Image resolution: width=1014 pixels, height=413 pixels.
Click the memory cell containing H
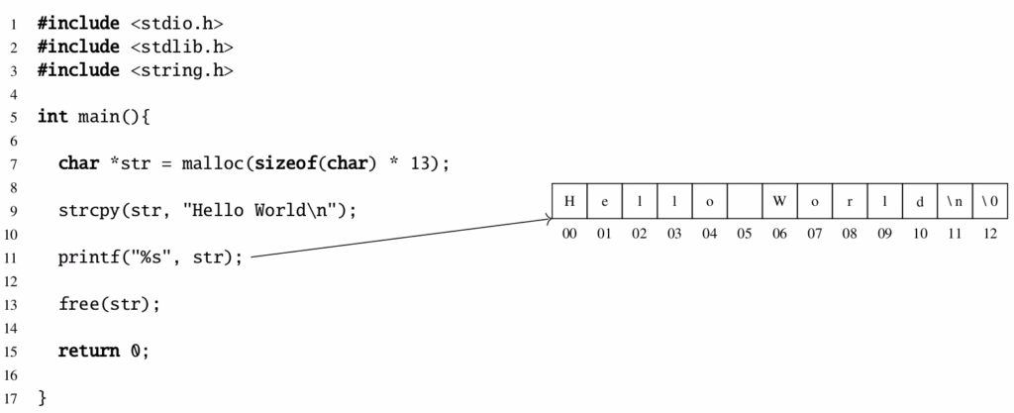[x=569, y=201]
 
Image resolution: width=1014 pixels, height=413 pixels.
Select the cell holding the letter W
[x=779, y=201]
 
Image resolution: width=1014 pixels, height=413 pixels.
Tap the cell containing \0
[x=990, y=201]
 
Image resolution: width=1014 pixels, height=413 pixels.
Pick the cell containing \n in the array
[x=956, y=201]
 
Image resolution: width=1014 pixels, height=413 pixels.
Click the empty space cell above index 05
[x=745, y=201]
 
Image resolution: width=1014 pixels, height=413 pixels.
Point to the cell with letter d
[x=920, y=201]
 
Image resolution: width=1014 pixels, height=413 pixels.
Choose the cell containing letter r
[x=850, y=201]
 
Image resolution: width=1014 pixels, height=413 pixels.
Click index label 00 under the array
[x=569, y=234]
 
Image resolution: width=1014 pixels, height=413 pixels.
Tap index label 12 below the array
[x=990, y=234]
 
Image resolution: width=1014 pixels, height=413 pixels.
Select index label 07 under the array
[x=815, y=234]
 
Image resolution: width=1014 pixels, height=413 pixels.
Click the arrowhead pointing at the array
[x=550, y=219]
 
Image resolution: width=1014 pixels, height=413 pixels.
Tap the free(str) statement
[x=109, y=304]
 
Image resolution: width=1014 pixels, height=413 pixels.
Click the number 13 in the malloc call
[x=420, y=163]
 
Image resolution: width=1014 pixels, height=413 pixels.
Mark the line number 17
[x=13, y=397]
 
